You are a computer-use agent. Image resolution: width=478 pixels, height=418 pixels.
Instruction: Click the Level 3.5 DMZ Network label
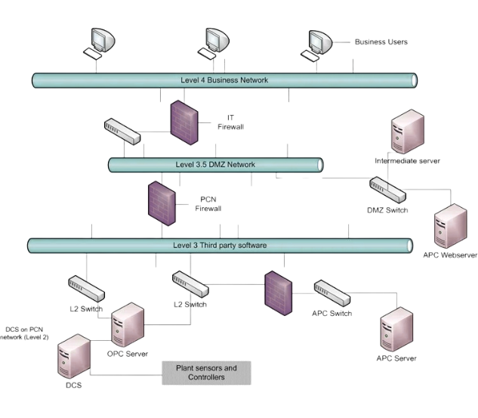coord(215,164)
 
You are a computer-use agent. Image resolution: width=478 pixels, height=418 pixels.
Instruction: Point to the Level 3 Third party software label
coord(215,245)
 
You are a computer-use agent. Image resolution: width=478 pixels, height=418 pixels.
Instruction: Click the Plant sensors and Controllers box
coord(206,373)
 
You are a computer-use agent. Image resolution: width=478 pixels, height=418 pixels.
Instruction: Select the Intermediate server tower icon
coord(406,133)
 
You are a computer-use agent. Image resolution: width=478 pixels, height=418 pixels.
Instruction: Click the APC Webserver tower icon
coord(452,226)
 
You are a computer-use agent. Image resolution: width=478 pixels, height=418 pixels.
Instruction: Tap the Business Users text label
coord(381,42)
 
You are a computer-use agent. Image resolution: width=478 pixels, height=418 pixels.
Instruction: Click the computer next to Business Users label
coord(322,44)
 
